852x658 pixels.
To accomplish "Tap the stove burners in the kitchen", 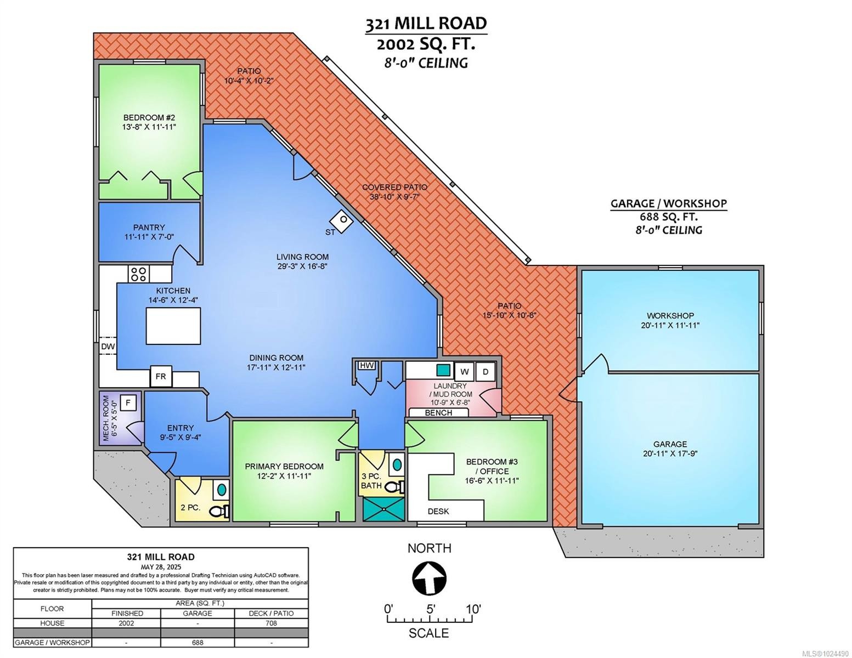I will tap(138, 274).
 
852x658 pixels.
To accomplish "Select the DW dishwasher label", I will tap(108, 347).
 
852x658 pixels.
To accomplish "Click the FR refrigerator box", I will tap(161, 377).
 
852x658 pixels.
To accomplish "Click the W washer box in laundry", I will tap(464, 372).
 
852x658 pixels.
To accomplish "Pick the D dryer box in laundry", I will tap(485, 372).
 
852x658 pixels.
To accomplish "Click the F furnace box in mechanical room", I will tap(128, 403).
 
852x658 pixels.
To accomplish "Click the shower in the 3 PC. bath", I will tap(385, 508).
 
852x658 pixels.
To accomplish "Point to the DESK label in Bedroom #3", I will tap(438, 512).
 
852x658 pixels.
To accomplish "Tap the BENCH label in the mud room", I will tap(439, 413).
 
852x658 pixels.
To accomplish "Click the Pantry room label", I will tap(149, 228).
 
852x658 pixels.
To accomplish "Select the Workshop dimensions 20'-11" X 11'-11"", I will tap(670, 325).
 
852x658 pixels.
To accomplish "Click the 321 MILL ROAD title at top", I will tap(426, 24).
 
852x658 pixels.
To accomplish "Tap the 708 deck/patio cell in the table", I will tap(271, 623).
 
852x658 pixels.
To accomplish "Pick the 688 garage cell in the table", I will tap(197, 643).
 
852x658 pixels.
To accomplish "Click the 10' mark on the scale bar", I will tap(473, 609).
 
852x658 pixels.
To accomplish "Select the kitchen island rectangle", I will tap(173, 326).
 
